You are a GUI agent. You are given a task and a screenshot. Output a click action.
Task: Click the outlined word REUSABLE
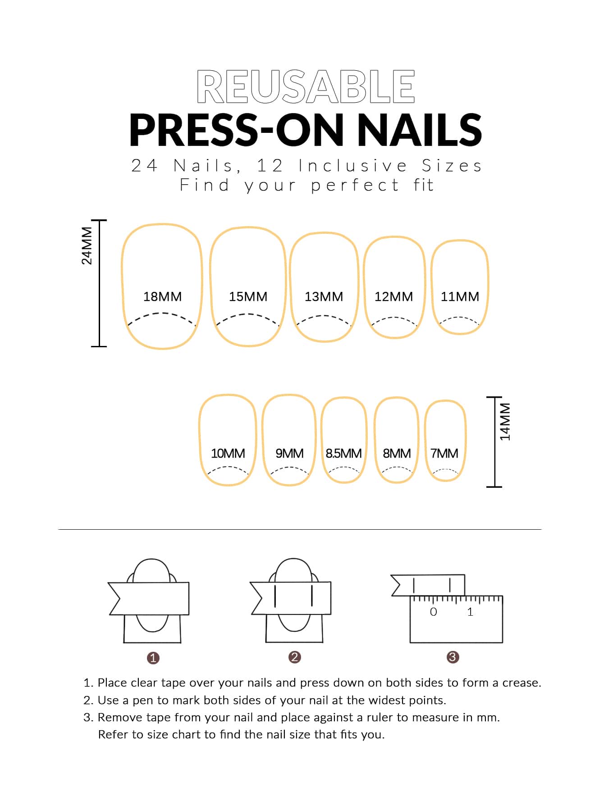pyautogui.click(x=306, y=86)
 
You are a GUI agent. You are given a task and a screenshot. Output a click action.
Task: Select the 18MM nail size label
pyautogui.click(x=162, y=296)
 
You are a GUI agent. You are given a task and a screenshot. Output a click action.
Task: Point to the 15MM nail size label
pyautogui.click(x=248, y=296)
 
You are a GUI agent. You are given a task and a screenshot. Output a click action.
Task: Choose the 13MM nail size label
pyautogui.click(x=324, y=296)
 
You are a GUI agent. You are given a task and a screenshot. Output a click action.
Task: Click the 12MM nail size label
pyautogui.click(x=394, y=296)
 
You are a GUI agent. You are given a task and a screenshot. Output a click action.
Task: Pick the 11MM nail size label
pyautogui.click(x=460, y=296)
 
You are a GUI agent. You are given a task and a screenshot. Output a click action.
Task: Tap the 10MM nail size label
pyautogui.click(x=228, y=453)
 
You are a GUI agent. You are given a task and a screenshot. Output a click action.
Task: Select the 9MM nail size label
pyautogui.click(x=289, y=453)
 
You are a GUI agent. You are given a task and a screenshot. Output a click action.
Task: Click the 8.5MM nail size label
pyautogui.click(x=343, y=453)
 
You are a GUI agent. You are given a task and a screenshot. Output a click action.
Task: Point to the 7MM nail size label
pyautogui.click(x=444, y=453)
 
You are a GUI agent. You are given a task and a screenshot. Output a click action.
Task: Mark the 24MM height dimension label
pyautogui.click(x=87, y=245)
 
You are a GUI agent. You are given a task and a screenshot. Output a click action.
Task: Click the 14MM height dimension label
pyautogui.click(x=505, y=422)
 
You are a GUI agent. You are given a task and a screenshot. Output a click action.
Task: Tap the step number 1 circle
pyautogui.click(x=153, y=658)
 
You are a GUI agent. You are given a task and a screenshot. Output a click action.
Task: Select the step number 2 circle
pyautogui.click(x=294, y=657)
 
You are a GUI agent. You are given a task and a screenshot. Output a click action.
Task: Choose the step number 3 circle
pyautogui.click(x=453, y=657)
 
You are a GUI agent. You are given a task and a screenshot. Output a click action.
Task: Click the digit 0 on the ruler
pyautogui.click(x=434, y=612)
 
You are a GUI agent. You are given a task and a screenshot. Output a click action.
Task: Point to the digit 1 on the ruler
pyautogui.click(x=470, y=612)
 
